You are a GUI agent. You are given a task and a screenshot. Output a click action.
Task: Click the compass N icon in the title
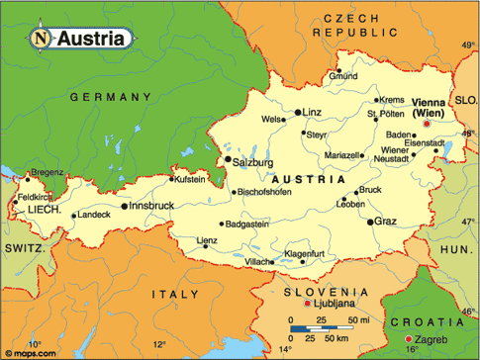click(40, 40)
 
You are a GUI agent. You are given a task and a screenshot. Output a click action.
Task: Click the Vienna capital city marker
click(427, 125)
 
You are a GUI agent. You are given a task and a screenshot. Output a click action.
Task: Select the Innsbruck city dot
click(125, 207)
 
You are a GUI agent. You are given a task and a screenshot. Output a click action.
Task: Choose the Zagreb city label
click(446, 340)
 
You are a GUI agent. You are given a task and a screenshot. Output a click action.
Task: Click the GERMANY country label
click(111, 97)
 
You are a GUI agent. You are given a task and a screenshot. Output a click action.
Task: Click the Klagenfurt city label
click(306, 254)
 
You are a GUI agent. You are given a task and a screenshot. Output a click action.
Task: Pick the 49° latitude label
click(468, 46)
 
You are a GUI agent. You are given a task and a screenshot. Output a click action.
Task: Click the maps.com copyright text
click(28, 350)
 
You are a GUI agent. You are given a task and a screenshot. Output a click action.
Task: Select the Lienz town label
click(206, 240)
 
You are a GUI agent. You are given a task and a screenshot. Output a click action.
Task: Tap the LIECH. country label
click(46, 212)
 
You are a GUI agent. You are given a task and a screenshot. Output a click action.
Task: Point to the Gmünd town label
click(344, 76)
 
